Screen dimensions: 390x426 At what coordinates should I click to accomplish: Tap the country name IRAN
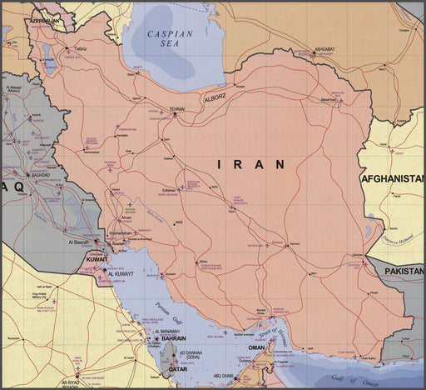(x=251, y=164)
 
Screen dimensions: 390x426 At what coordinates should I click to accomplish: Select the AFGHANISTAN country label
(x=393, y=179)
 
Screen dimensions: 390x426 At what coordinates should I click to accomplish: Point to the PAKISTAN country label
(x=403, y=271)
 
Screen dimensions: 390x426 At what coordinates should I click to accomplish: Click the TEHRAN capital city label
(x=177, y=109)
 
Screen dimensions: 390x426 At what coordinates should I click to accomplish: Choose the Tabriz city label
(x=81, y=49)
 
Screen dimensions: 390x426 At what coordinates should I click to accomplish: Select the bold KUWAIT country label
(x=96, y=259)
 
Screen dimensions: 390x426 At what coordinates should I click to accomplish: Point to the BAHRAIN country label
(x=171, y=338)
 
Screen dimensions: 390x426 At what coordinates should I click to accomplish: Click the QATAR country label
(x=178, y=367)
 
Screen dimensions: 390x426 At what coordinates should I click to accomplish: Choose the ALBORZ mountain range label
(x=215, y=97)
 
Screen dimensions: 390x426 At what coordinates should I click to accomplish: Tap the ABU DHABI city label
(x=221, y=376)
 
